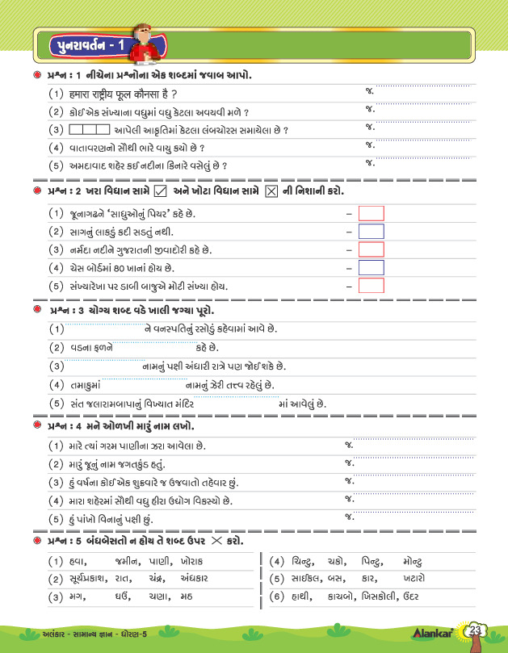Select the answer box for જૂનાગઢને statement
tap(371, 213)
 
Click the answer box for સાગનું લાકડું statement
tap(371, 231)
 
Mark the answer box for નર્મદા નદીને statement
tap(371, 249)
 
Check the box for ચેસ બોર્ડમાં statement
tap(371, 267)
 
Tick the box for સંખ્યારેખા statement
tap(371, 285)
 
